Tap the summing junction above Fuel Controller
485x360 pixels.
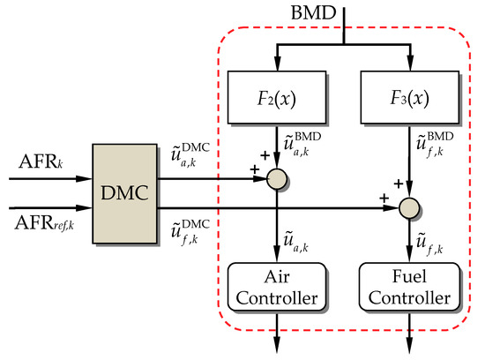[x=408, y=209]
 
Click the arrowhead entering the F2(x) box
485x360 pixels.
[x=278, y=66]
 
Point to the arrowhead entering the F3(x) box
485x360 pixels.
[x=408, y=66]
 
